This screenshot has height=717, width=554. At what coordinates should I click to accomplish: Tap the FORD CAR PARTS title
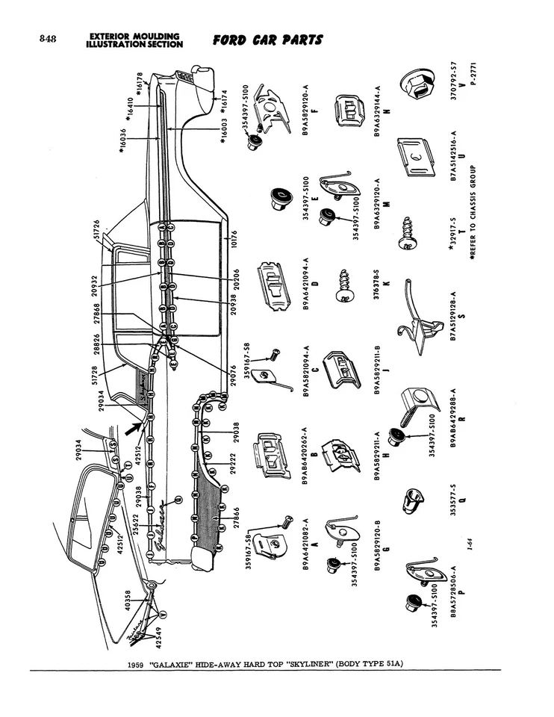[x=268, y=39]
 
